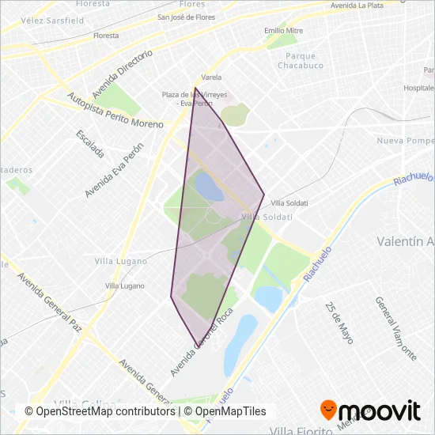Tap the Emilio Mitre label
(x=284, y=30)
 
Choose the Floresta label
(x=105, y=36)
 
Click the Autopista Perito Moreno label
(x=115, y=112)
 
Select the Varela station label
(x=211, y=78)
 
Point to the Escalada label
(x=90, y=143)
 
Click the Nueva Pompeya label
(x=406, y=141)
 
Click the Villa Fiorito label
(x=299, y=430)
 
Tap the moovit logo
(x=369, y=410)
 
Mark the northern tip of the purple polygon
(x=195, y=88)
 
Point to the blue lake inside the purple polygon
(x=208, y=187)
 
